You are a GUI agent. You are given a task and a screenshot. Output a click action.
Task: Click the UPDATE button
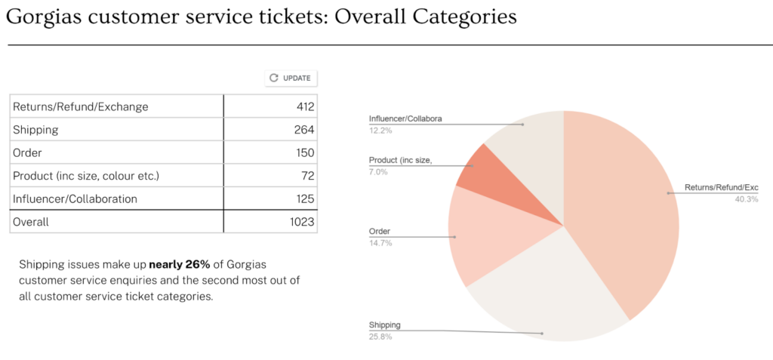(x=291, y=78)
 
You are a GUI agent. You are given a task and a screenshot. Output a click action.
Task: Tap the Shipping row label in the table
(x=35, y=130)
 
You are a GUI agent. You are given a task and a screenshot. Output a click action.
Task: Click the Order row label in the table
(x=28, y=152)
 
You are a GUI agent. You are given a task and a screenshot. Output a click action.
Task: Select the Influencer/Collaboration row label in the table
(x=75, y=198)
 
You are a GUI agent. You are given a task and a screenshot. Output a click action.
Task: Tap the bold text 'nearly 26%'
(x=180, y=265)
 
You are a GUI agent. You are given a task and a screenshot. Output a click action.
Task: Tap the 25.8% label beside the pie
(x=380, y=337)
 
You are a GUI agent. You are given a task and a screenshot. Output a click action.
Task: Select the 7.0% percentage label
(x=378, y=172)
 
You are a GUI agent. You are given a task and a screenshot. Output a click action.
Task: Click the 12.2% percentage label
(x=380, y=131)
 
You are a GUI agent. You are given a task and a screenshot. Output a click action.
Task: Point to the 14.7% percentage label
(x=380, y=243)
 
